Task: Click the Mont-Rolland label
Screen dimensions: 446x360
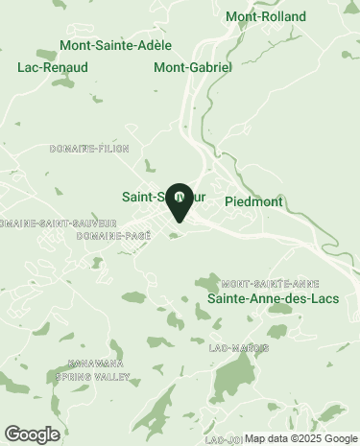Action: coord(265,16)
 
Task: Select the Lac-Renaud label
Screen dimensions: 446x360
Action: coord(45,68)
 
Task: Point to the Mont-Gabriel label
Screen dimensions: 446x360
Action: coord(193,68)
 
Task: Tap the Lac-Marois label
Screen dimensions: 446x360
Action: coord(238,347)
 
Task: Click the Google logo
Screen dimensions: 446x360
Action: coord(32,434)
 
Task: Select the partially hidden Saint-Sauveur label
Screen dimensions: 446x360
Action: coord(144,197)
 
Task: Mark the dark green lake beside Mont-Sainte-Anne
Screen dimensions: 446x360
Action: coord(207,283)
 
